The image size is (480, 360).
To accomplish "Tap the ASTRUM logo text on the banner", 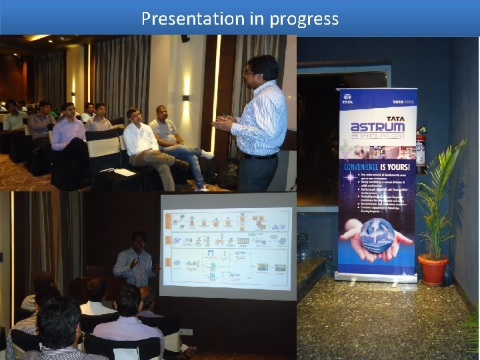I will click(x=377, y=127).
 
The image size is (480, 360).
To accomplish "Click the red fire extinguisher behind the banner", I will click(x=421, y=150).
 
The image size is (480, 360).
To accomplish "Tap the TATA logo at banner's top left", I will click(x=347, y=99).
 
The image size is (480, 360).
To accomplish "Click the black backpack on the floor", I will click(x=229, y=173).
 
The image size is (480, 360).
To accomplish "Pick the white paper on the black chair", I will click(x=124, y=172).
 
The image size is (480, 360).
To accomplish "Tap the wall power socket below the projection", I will click(x=185, y=331).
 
